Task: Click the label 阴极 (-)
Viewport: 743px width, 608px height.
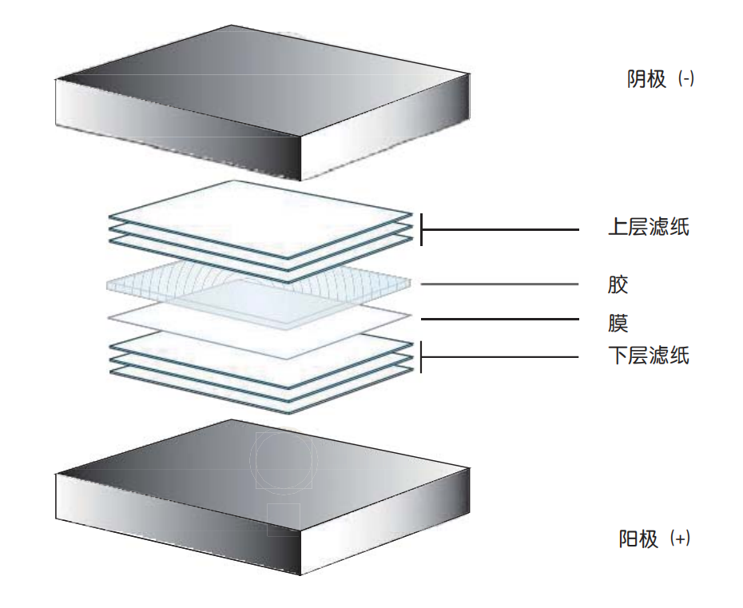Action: (661, 78)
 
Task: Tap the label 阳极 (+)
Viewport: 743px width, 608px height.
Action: (654, 538)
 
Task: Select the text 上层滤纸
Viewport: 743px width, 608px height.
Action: (648, 227)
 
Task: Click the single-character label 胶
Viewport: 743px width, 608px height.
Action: (618, 284)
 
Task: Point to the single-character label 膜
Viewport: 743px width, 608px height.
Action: (618, 324)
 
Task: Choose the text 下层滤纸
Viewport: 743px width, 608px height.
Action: (648, 356)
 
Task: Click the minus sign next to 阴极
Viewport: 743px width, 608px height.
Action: (686, 78)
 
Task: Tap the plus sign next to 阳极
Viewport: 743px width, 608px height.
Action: (681, 538)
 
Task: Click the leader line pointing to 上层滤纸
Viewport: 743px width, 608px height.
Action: (500, 230)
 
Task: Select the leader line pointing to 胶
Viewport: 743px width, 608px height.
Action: (499, 284)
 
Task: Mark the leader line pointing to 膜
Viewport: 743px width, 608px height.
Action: (500, 319)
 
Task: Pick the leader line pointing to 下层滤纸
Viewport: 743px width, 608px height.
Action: (500, 357)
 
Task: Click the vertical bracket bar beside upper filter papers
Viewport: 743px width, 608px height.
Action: (421, 230)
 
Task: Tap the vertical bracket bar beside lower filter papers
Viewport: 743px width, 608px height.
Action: (421, 357)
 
